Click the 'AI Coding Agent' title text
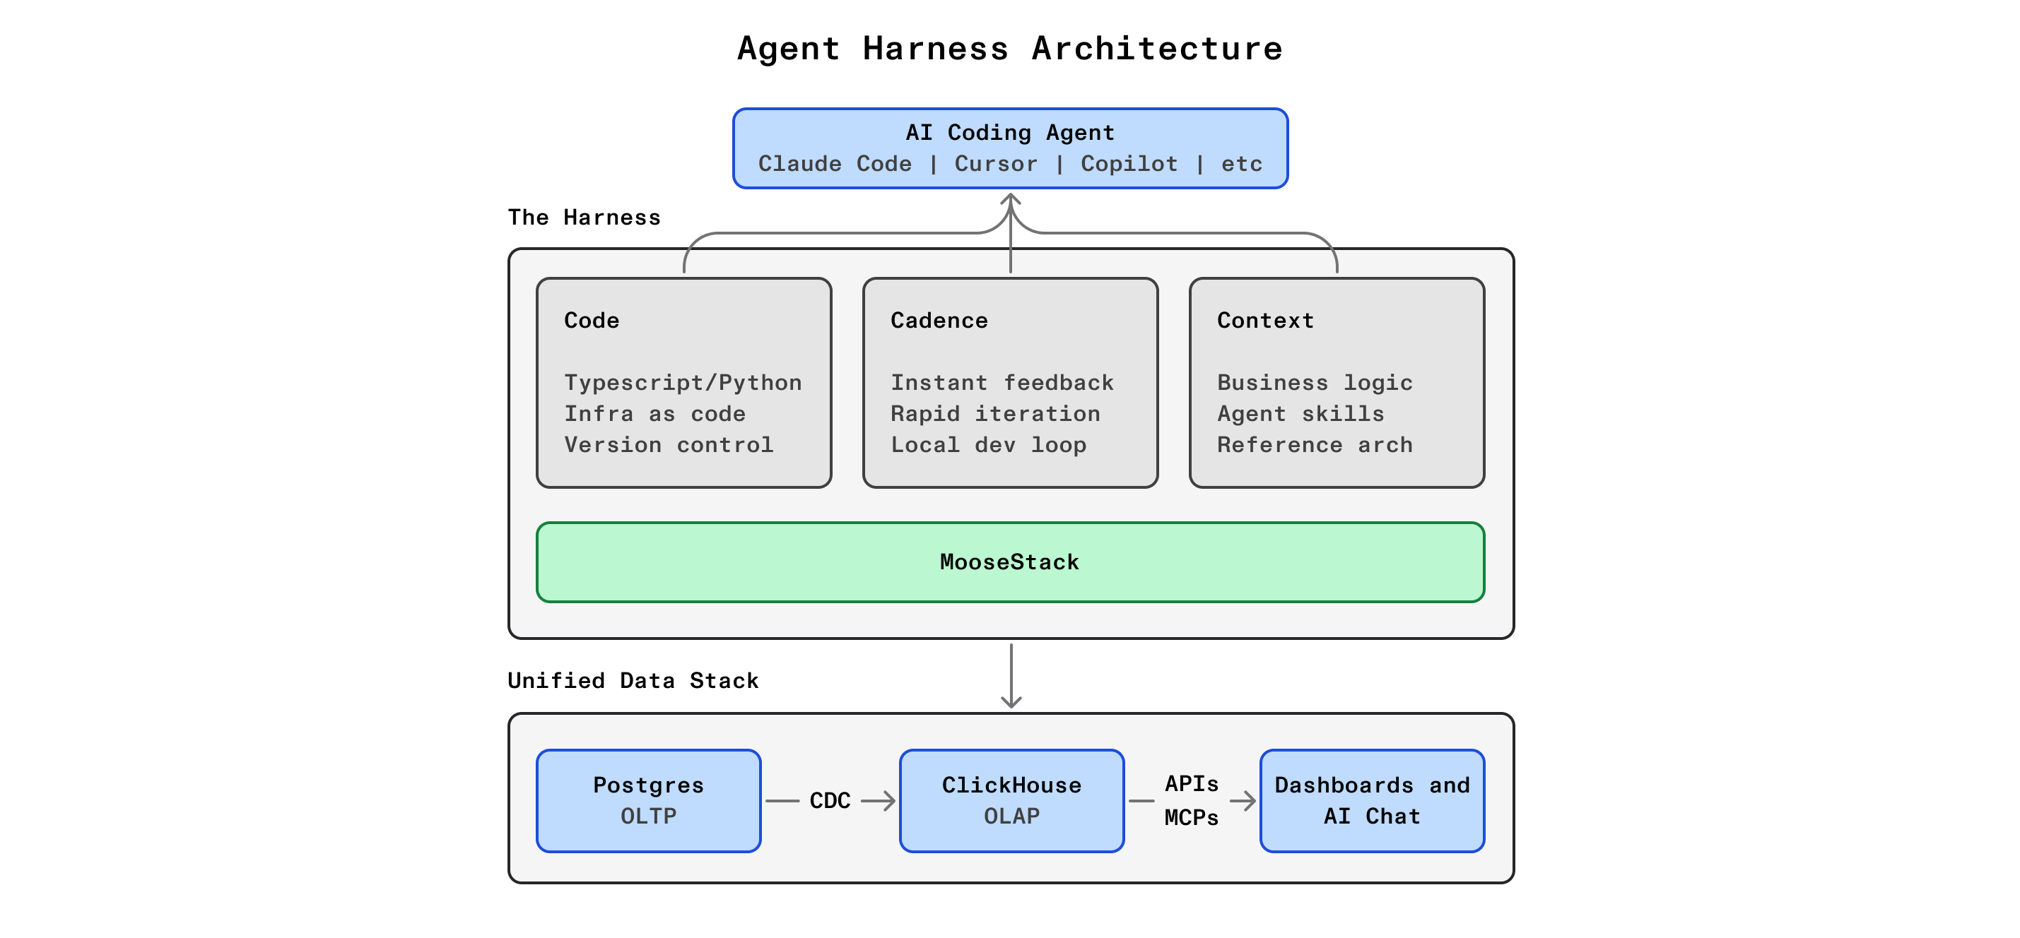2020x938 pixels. pos(1010,132)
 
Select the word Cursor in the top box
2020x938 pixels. pos(995,164)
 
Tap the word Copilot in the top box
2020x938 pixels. pos(1129,164)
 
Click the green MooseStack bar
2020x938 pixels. pos(1010,562)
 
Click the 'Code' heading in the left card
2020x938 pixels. pos(592,321)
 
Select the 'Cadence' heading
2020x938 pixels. pos(939,321)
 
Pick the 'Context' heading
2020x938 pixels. pos(1265,321)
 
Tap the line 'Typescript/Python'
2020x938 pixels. pos(682,382)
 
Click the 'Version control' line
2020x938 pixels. pos(668,444)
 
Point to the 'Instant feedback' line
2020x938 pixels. pos(1002,382)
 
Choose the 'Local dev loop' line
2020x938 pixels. pos(988,444)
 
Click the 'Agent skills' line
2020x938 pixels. pos(1300,414)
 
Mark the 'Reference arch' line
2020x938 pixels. pos(1314,444)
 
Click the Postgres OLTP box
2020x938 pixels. pos(649,800)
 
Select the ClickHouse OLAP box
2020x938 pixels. pos(1011,800)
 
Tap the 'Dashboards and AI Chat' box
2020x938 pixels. pos(1371,800)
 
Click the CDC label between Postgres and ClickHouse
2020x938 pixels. pos(830,800)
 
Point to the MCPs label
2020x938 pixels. pos(1191,817)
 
